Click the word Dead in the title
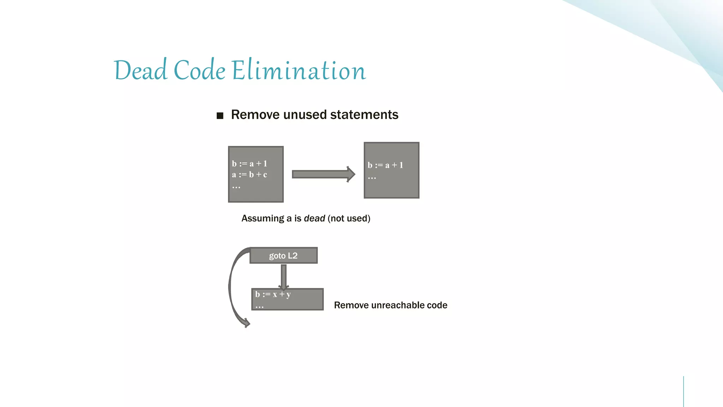pos(140,70)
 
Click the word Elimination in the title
pos(299,70)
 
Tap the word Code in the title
pos(199,70)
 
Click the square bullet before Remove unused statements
pos(220,116)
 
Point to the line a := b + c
pos(249,175)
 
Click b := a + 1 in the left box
pos(249,164)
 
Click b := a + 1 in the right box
pos(385,165)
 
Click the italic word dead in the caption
pos(314,218)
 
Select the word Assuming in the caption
pos(263,218)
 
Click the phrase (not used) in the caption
pos(349,218)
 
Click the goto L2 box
pos(283,255)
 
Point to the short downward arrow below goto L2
pos(283,277)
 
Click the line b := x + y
pos(273,294)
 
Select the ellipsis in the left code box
pos(236,187)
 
